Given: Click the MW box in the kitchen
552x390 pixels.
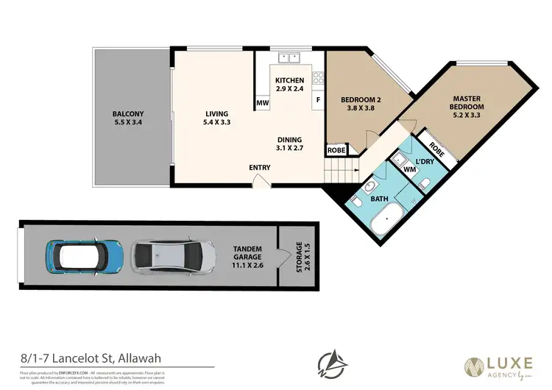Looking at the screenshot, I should (x=261, y=103).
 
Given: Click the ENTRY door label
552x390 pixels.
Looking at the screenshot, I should (x=260, y=167).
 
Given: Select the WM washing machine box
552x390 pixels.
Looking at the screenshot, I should (x=409, y=169).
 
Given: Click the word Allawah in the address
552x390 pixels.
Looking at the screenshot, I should (x=137, y=358).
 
